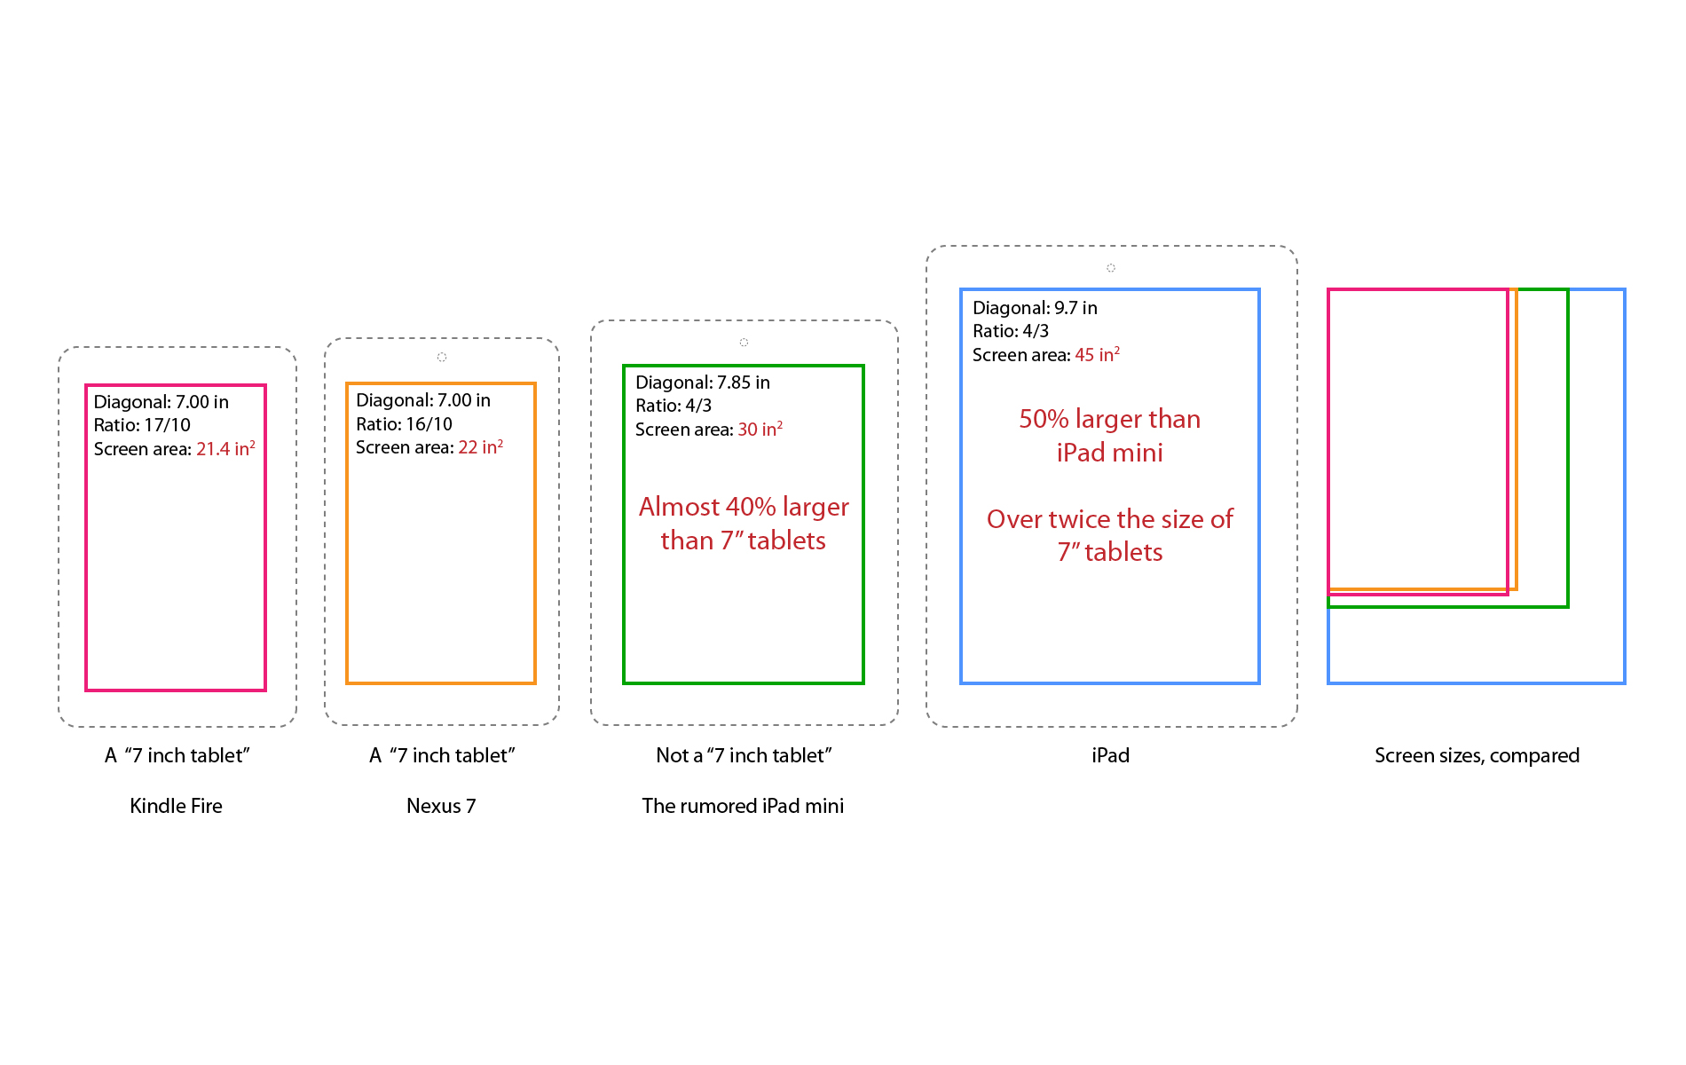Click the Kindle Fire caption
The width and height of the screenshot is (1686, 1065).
coord(176,806)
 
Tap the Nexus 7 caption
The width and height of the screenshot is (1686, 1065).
coord(441,806)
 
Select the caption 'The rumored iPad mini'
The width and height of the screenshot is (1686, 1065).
coord(743,806)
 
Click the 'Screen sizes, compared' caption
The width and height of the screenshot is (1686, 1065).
coord(1477,755)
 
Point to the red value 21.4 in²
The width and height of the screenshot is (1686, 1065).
coord(225,448)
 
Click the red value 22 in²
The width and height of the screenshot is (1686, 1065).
coord(480,446)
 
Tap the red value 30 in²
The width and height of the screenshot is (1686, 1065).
coord(760,429)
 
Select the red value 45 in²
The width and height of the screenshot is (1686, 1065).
coord(1097,354)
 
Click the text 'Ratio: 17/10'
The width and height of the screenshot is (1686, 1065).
coord(142,425)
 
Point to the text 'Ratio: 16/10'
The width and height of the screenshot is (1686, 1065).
coord(404,424)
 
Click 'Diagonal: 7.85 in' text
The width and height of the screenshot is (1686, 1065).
coord(703,383)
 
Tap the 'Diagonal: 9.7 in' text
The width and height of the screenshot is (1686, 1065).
coord(1035,308)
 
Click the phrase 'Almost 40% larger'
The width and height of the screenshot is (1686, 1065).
coord(744,507)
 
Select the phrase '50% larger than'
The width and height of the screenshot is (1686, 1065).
coord(1109,419)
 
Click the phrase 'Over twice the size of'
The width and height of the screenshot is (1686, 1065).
coord(1109,519)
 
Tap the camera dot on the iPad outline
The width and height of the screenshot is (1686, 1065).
coord(1110,267)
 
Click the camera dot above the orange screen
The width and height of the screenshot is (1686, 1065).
coord(441,357)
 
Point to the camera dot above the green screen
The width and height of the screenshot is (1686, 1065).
coord(744,342)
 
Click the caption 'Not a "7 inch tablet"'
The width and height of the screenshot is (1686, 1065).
coord(744,755)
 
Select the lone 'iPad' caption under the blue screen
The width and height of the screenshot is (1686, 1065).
coord(1110,755)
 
